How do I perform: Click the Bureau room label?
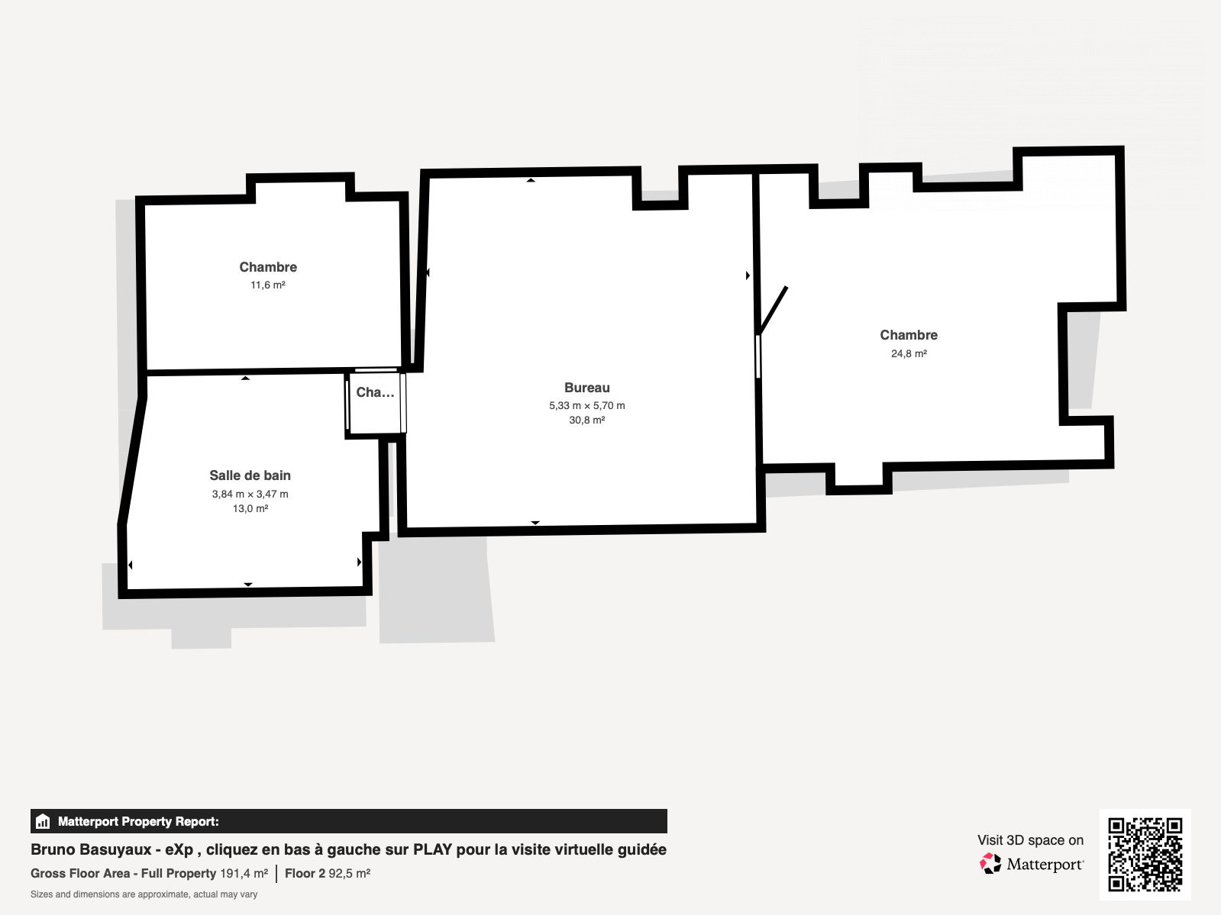pos(587,388)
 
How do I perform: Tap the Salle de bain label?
pos(250,475)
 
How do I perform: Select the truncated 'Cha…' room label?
pos(375,392)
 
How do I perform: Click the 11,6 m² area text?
pos(267,285)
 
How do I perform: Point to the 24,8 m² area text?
pos(909,353)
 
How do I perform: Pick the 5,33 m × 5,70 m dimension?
pos(587,406)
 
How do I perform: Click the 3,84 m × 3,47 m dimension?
pos(250,495)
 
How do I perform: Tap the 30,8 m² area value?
pos(587,420)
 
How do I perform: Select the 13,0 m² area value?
pos(250,509)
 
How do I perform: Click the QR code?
pos(1145,855)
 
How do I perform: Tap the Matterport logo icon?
pos(990,864)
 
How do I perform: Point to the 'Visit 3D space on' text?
pos(1030,840)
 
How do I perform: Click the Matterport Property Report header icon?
pos(42,821)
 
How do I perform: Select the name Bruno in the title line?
pos(52,849)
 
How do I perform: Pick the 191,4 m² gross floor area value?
pos(244,873)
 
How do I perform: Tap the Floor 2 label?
pos(305,873)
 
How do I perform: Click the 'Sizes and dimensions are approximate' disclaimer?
pos(144,894)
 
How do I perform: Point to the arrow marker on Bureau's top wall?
pos(531,180)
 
